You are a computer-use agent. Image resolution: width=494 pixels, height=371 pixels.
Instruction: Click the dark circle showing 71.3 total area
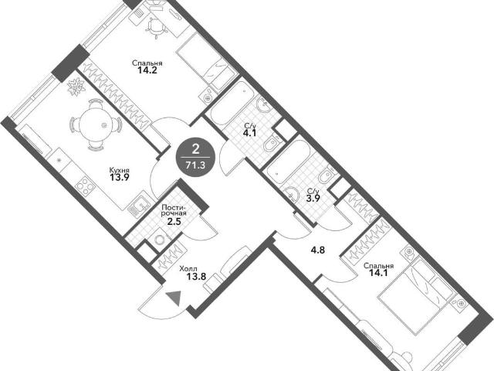pos(196,157)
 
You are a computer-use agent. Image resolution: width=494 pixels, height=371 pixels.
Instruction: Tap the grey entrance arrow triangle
pos(174,298)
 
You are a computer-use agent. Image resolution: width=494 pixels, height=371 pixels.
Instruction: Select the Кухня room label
pos(120,170)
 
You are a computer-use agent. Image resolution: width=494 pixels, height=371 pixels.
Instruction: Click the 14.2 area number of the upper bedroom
pos(147,70)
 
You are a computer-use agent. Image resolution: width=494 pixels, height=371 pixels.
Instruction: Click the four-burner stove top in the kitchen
pos(86,186)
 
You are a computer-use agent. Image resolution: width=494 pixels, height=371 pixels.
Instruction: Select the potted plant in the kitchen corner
pos(76,87)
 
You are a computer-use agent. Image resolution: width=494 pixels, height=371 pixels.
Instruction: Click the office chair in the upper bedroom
pos(155,28)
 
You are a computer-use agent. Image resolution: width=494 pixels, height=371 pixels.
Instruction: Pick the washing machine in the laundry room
pos(161,240)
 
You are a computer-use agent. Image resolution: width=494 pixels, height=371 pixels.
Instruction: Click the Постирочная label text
pos(174,210)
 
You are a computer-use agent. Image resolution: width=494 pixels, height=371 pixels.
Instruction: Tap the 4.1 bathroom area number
pos(249,132)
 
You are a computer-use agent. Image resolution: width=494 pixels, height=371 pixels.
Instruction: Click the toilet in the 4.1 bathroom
pos(271,145)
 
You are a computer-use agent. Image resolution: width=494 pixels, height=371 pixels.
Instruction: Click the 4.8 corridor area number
pos(317,250)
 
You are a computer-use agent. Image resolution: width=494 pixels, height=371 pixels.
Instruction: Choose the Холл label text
pos(188,269)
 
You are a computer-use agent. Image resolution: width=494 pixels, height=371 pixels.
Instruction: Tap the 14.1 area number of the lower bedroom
pos(378,272)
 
